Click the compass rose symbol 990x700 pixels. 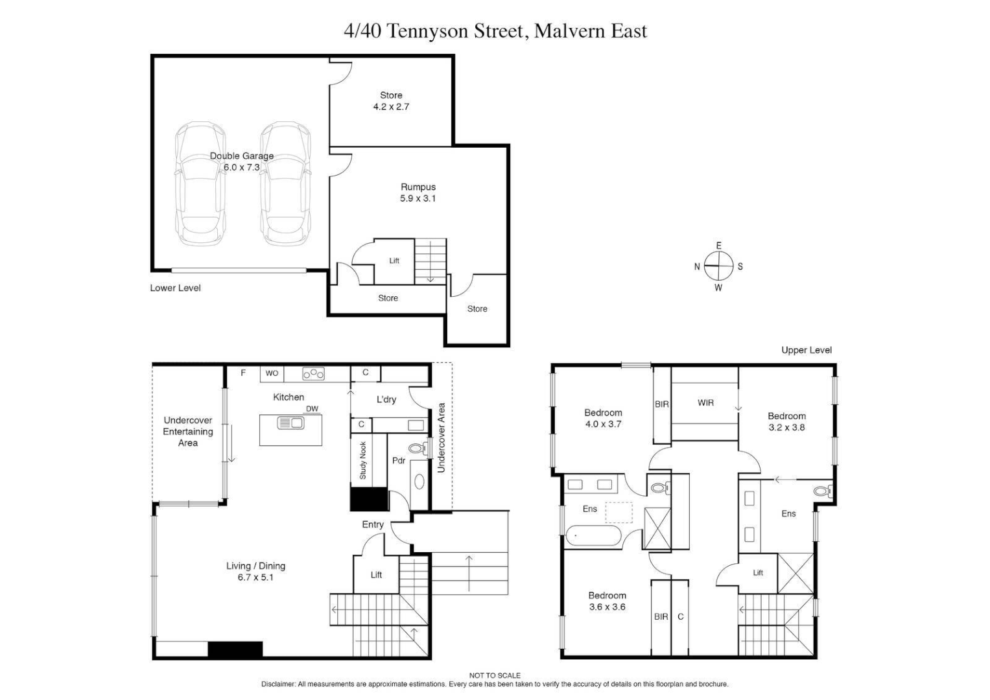[718, 266]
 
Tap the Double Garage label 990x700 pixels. [241, 161]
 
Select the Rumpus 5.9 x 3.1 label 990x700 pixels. [418, 192]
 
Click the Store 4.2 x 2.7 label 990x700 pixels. [391, 101]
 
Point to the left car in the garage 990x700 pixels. [200, 184]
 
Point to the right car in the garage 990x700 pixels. [285, 184]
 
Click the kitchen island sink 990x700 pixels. [290, 423]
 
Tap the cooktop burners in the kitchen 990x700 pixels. [314, 374]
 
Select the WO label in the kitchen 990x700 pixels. [272, 373]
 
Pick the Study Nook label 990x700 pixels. [363, 460]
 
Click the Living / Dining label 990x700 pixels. [255, 571]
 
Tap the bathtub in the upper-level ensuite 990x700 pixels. [593, 537]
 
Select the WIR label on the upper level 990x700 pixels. [705, 402]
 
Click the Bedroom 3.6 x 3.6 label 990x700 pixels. [607, 601]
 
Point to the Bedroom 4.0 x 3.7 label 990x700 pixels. [603, 418]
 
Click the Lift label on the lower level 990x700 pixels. [394, 261]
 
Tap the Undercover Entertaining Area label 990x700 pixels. [187, 432]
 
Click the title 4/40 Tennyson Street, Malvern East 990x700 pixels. [495, 31]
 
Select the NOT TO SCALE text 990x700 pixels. [495, 675]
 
